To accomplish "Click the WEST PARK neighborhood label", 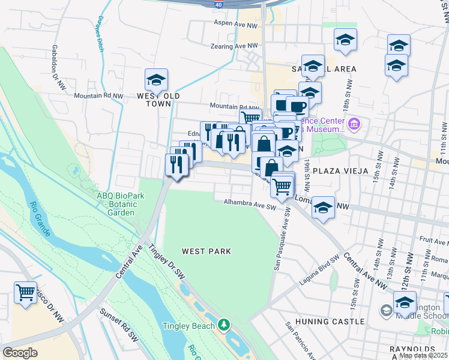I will [x=206, y=251].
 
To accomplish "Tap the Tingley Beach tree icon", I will [x=224, y=325].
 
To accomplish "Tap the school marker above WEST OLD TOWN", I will [x=156, y=80].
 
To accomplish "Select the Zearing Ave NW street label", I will [x=235, y=46].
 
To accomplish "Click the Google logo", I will [x=20, y=352].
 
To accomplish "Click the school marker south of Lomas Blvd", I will [x=324, y=208].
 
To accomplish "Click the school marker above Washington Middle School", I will [x=405, y=302].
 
